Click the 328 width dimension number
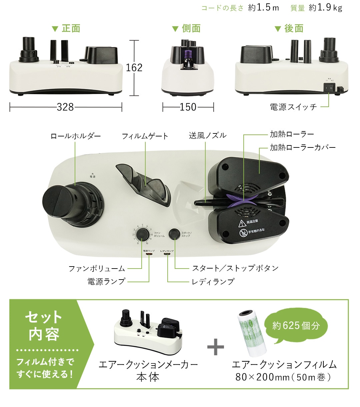[x=65, y=107]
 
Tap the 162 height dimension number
[x=134, y=68]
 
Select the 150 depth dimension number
[x=188, y=107]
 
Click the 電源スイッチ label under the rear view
[x=293, y=107]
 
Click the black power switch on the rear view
[x=328, y=88]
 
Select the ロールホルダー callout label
[x=76, y=136]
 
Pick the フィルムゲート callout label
[x=145, y=136]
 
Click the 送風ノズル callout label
[x=208, y=135]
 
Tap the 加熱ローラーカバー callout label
[x=303, y=147]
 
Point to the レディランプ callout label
[x=213, y=282]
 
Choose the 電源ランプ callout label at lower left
[x=106, y=282]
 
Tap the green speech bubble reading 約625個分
[x=296, y=326]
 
